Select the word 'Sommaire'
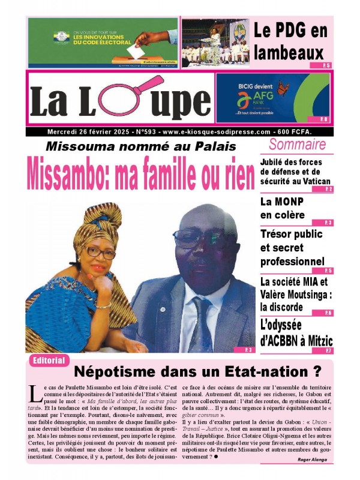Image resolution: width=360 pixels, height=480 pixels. point(297,144)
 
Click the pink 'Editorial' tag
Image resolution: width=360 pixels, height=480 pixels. point(49,360)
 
